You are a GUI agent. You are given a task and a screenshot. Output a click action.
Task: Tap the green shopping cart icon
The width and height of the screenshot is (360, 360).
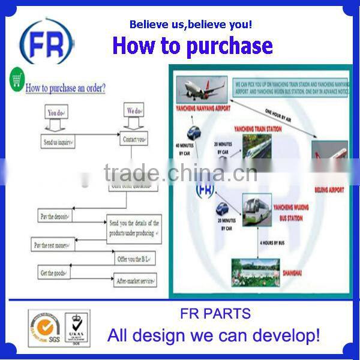[x=17, y=79]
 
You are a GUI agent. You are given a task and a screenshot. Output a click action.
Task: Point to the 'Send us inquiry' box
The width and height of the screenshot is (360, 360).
[x=58, y=142]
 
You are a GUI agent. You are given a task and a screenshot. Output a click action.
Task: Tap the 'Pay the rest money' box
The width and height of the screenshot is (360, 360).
[x=50, y=245]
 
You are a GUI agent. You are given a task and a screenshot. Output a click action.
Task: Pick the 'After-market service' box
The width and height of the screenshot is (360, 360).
[x=136, y=280]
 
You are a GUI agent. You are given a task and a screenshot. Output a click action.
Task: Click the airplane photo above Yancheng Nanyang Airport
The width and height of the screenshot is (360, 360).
[x=203, y=88]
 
